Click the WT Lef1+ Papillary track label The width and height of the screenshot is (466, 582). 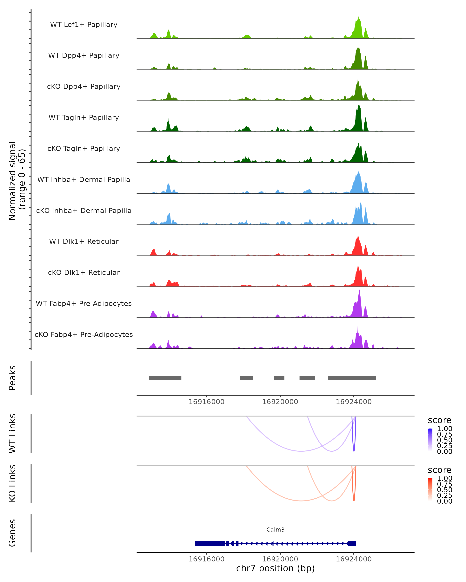click(x=84, y=25)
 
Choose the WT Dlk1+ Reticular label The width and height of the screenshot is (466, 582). click(x=84, y=241)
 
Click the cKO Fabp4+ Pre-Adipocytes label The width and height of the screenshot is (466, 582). click(x=84, y=334)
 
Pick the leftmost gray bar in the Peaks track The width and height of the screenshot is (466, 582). click(x=165, y=378)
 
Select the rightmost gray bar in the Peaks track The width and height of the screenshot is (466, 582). click(x=352, y=378)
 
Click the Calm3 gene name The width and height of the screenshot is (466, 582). click(x=275, y=530)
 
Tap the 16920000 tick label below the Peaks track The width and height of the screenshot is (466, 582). click(x=280, y=402)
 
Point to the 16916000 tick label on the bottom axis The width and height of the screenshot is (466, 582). click(x=206, y=559)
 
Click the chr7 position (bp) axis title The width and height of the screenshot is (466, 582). click(x=275, y=568)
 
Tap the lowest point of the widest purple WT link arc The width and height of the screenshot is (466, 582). click(x=301, y=451)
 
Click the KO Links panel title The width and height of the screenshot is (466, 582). click(x=12, y=483)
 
